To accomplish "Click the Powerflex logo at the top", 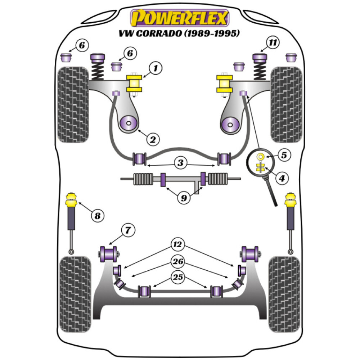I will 180,18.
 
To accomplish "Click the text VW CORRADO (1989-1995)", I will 180,34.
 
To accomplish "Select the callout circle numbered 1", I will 156,68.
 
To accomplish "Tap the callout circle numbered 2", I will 152,139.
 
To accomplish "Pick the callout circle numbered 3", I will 180,163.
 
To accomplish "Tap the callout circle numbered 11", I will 273,44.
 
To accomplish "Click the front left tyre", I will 73,104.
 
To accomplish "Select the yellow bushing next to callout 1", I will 135,84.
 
